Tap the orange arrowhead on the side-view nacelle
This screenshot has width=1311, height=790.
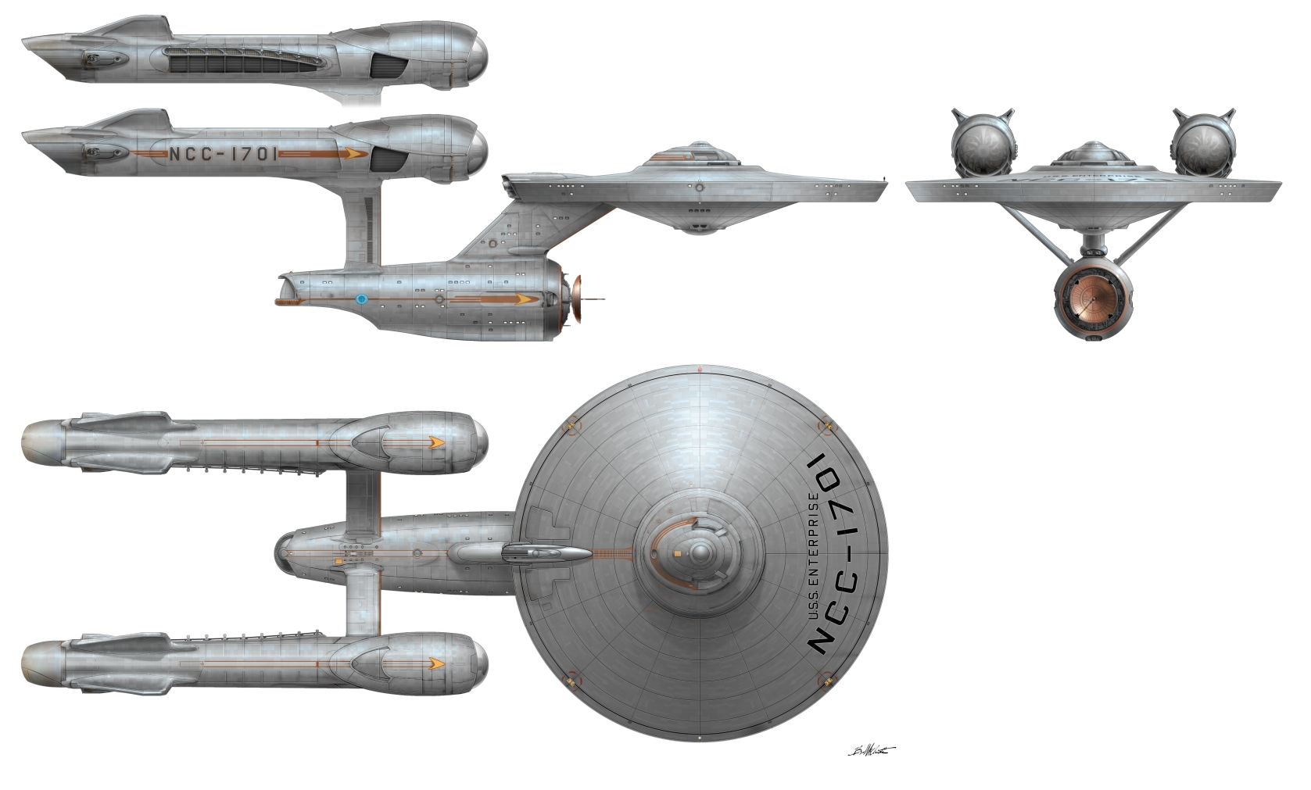356,153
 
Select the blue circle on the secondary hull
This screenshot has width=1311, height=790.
361,298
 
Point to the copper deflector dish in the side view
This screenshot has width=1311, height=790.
579,299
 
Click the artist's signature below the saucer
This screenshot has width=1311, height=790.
870,750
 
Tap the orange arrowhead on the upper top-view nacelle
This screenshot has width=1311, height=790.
435,442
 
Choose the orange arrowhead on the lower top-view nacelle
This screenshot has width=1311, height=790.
435,663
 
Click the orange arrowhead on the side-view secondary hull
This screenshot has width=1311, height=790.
521,298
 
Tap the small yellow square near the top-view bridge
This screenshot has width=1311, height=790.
675,554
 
